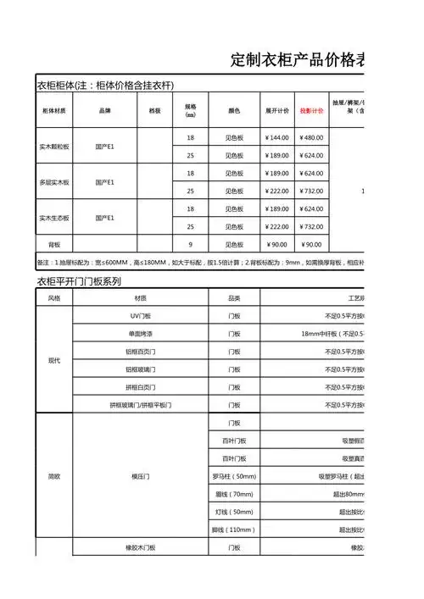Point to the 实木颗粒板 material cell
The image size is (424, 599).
coord(54,147)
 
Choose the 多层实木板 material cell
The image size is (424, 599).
coord(54,182)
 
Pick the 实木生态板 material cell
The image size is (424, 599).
coord(54,218)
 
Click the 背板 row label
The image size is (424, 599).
coord(54,245)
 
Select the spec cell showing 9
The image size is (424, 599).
coord(190,245)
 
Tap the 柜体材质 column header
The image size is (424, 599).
coord(54,111)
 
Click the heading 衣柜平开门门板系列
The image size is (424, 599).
coord(78,280)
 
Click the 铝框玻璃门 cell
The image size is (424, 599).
coord(140,369)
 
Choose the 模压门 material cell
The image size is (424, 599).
coord(140,476)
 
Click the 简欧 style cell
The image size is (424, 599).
coord(54,476)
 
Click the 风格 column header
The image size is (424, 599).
coord(54,297)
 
